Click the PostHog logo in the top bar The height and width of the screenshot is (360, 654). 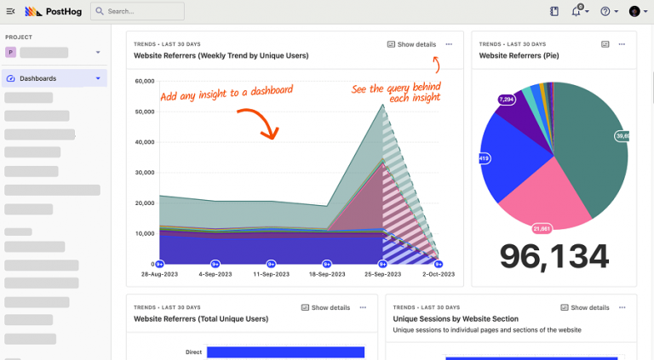coord(53,11)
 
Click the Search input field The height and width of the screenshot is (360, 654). coord(137,11)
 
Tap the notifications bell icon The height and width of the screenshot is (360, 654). coord(577,11)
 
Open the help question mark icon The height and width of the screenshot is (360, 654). coord(605,11)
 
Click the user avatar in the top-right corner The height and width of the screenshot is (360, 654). coord(634,11)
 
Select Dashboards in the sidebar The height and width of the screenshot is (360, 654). coord(38,78)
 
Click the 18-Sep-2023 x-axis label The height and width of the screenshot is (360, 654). coord(327,274)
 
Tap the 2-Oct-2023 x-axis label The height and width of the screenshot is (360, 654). coord(438,274)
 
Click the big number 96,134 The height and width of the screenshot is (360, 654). coord(554,255)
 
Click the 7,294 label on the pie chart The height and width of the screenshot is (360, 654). coord(506,100)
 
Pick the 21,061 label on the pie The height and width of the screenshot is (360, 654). coord(542,228)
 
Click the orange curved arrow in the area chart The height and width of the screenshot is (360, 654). coord(260,123)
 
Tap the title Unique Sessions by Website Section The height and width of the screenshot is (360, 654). coord(456,318)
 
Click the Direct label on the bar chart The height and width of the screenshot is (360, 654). coord(194,351)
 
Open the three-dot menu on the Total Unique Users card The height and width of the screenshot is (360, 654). coord(363,307)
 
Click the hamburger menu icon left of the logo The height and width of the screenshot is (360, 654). coord(10,11)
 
